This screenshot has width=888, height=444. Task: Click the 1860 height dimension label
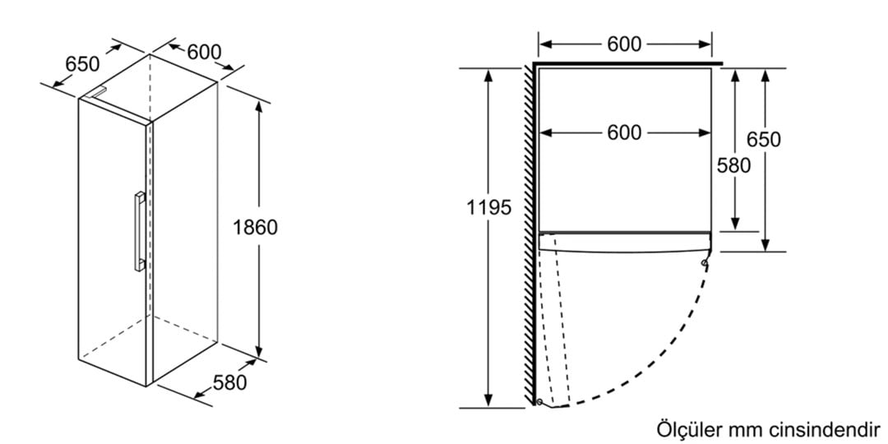256,228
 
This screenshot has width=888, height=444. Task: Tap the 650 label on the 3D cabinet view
82,64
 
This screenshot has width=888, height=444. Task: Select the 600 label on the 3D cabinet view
204,52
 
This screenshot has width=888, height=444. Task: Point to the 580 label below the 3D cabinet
230,383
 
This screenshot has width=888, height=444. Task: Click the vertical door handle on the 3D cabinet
139,231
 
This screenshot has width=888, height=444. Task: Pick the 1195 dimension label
488,208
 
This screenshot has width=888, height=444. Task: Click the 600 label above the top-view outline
624,44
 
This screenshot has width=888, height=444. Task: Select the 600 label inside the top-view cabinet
624,133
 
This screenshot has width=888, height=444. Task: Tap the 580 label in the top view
734,165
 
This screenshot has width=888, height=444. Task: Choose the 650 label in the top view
763,139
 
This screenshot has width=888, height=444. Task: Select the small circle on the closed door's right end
704,263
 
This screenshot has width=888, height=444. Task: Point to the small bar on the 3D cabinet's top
97,92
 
